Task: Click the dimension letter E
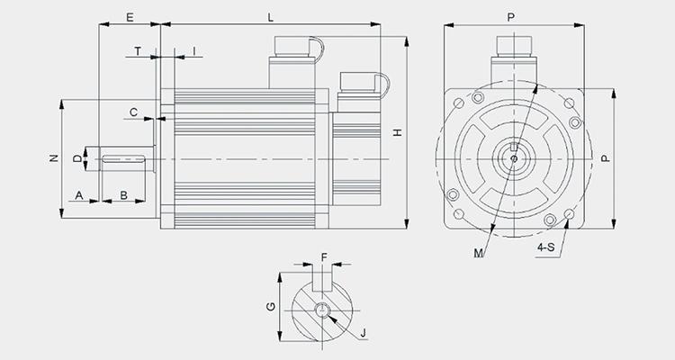(130, 17)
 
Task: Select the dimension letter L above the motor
(270, 17)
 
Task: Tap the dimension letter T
(138, 51)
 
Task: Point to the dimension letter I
(194, 51)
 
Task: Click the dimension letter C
(133, 112)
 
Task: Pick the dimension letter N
(54, 158)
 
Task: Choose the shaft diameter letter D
(77, 159)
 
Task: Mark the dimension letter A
(79, 195)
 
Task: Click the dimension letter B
(123, 195)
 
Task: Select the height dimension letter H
(398, 132)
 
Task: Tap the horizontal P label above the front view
(510, 17)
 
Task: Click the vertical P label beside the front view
(606, 158)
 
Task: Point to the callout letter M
(478, 253)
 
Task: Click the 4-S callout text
(546, 247)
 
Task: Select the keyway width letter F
(324, 257)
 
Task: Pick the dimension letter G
(271, 307)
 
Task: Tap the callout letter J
(364, 333)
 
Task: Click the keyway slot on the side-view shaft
(123, 159)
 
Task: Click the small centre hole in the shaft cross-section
(322, 310)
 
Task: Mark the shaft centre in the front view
(514, 158)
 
